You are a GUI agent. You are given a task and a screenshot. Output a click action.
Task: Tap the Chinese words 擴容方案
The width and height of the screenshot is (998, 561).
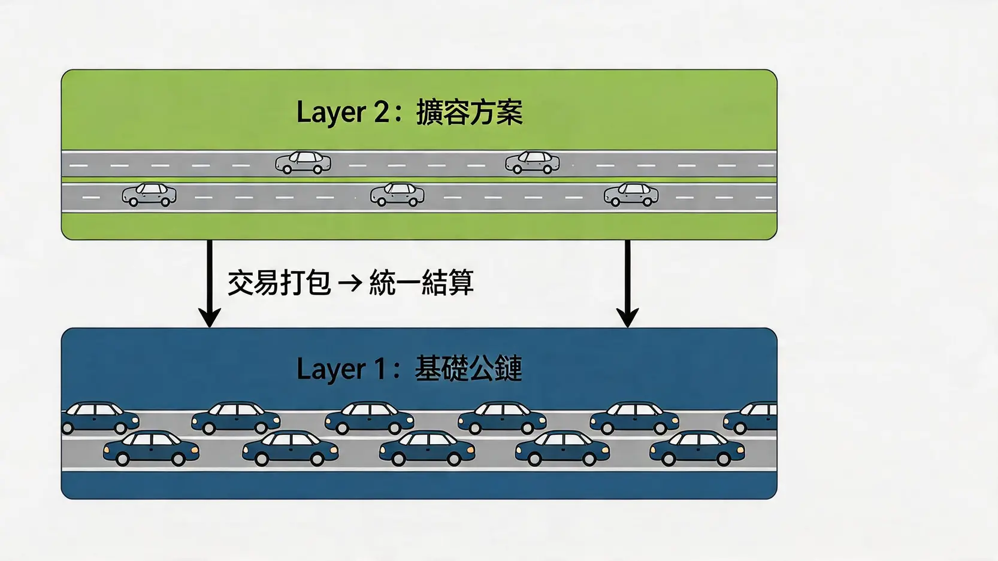pyautogui.click(x=470, y=113)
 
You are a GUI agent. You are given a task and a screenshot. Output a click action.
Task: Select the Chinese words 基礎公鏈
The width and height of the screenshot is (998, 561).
pyautogui.click(x=468, y=369)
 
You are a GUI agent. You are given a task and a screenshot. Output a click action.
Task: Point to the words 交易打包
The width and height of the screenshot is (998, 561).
pyautogui.click(x=279, y=283)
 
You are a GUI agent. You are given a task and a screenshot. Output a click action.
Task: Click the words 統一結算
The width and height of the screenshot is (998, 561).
pyautogui.click(x=422, y=283)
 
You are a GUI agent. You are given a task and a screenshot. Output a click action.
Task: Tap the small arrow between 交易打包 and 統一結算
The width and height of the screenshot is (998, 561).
pyautogui.click(x=350, y=283)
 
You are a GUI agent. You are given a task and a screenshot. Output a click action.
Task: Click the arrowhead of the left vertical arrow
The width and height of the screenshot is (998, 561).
pyautogui.click(x=209, y=317)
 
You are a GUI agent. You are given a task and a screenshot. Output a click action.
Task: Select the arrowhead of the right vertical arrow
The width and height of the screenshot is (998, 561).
pyautogui.click(x=627, y=317)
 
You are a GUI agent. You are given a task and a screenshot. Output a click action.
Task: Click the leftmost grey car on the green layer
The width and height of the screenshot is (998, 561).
pyautogui.click(x=149, y=195)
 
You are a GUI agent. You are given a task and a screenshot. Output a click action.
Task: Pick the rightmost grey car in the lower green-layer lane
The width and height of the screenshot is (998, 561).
pyautogui.click(x=631, y=195)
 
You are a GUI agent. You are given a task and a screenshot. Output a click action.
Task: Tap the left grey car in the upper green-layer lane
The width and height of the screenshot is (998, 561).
pyautogui.click(x=303, y=162)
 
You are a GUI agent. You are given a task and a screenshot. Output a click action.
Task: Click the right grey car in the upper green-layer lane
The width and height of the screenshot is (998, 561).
pyautogui.click(x=533, y=162)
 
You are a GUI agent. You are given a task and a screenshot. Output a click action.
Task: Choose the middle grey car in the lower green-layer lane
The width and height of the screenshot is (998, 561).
pyautogui.click(x=397, y=195)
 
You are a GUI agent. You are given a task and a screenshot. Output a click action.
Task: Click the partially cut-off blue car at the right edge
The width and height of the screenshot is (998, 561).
pyautogui.click(x=751, y=418)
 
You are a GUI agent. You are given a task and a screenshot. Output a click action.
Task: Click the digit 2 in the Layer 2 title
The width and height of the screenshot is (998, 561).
pyautogui.click(x=381, y=112)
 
